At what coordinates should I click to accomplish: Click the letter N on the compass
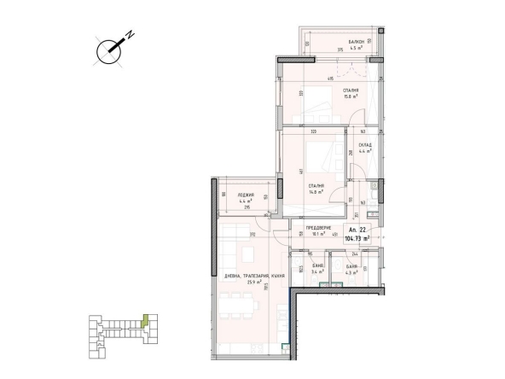click(x=131, y=37)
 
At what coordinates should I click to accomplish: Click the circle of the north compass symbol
click(x=108, y=51)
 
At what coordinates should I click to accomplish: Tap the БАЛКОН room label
click(x=357, y=42)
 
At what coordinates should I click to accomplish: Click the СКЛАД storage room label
click(x=365, y=146)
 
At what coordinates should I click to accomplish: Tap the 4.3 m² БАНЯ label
click(x=351, y=270)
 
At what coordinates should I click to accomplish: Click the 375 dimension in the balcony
click(x=316, y=50)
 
